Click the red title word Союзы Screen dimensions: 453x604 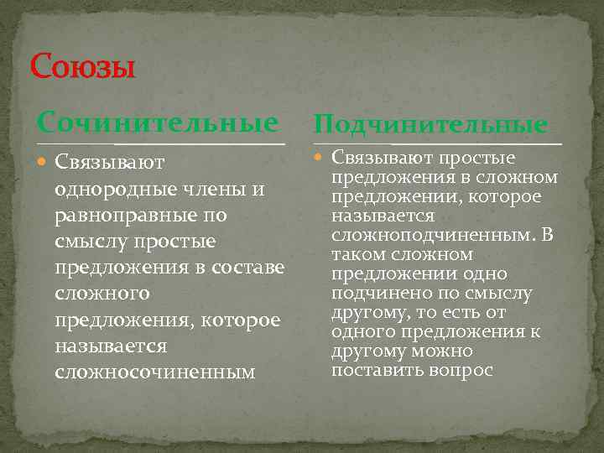point(82,65)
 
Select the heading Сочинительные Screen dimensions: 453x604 point(157,123)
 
